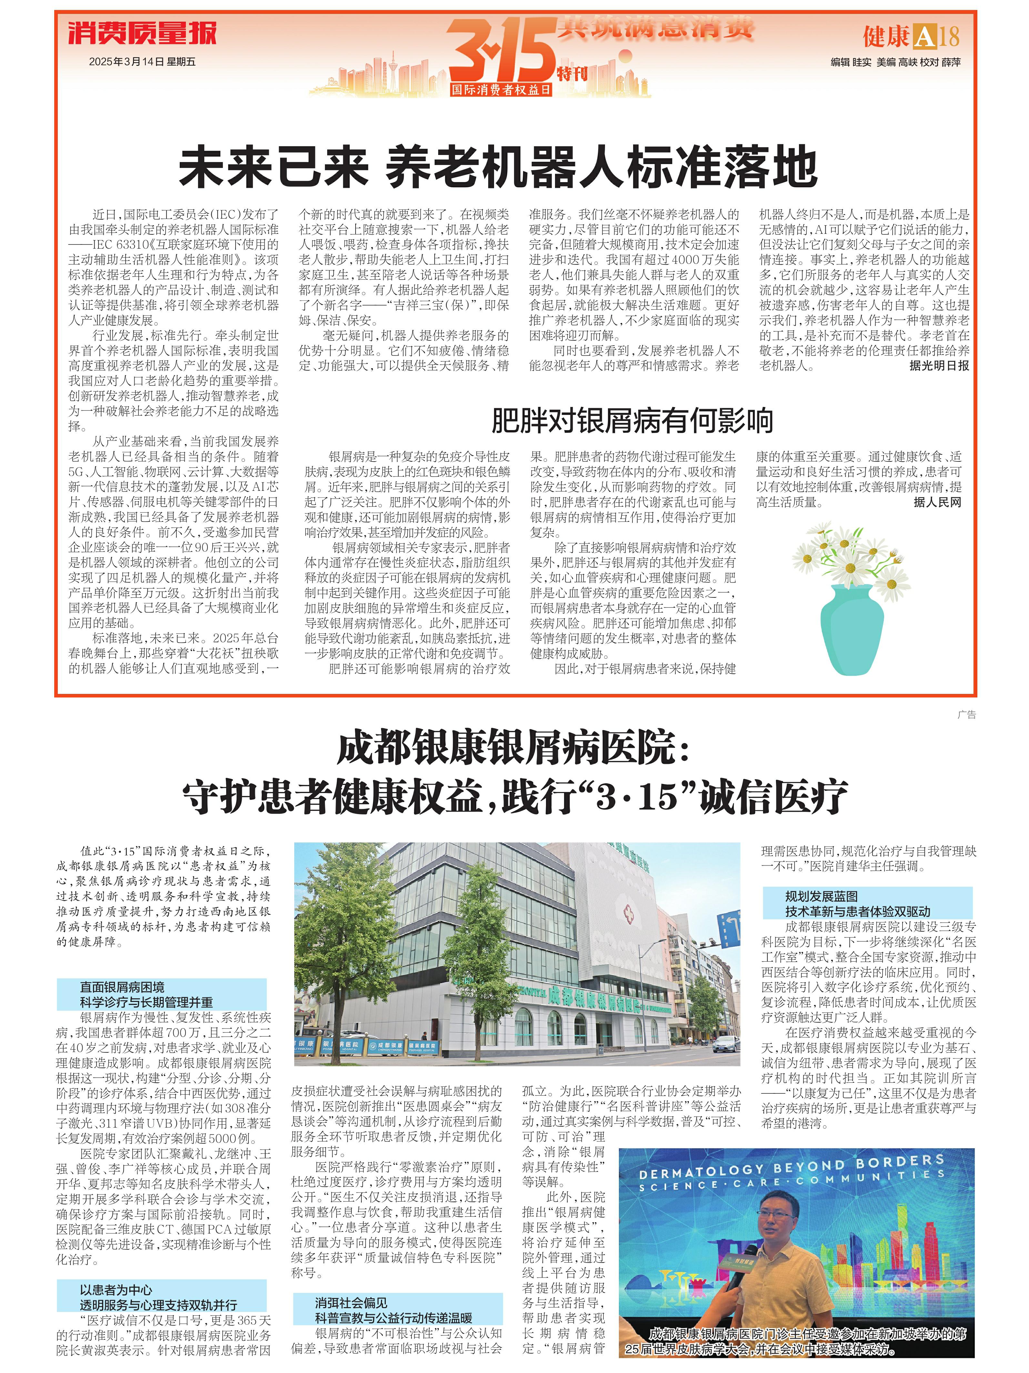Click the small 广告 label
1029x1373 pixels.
(966, 715)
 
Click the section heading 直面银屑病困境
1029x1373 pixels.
(122, 987)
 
